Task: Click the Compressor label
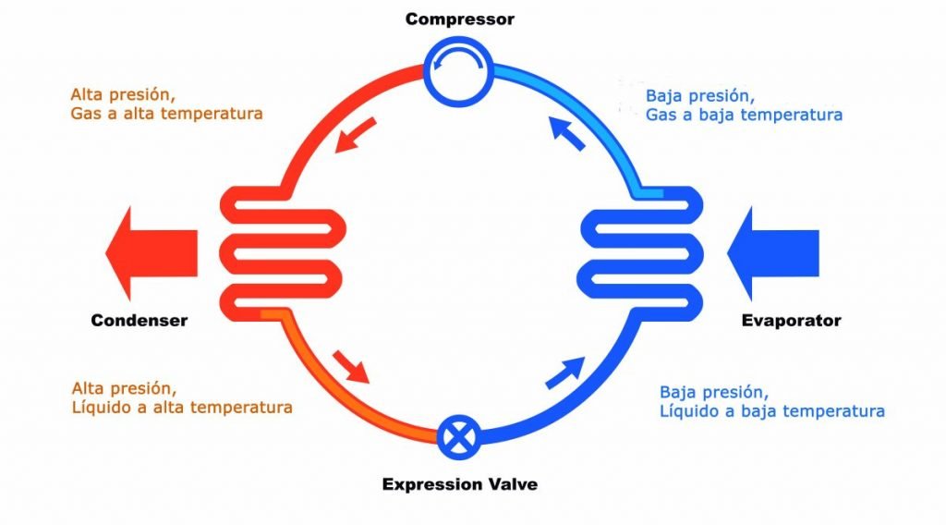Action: click(460, 19)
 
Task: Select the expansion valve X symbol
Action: click(459, 437)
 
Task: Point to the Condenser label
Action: click(139, 321)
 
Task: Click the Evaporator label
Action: click(791, 321)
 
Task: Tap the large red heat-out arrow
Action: click(152, 253)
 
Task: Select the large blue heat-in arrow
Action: click(773, 253)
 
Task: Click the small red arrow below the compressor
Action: click(356, 135)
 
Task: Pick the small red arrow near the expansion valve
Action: click(351, 366)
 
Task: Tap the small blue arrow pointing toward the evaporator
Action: click(565, 372)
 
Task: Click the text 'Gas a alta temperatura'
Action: click(166, 114)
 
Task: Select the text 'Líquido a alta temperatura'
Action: click(182, 408)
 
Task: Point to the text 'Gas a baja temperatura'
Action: click(744, 115)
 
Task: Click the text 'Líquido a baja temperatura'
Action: click(772, 411)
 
